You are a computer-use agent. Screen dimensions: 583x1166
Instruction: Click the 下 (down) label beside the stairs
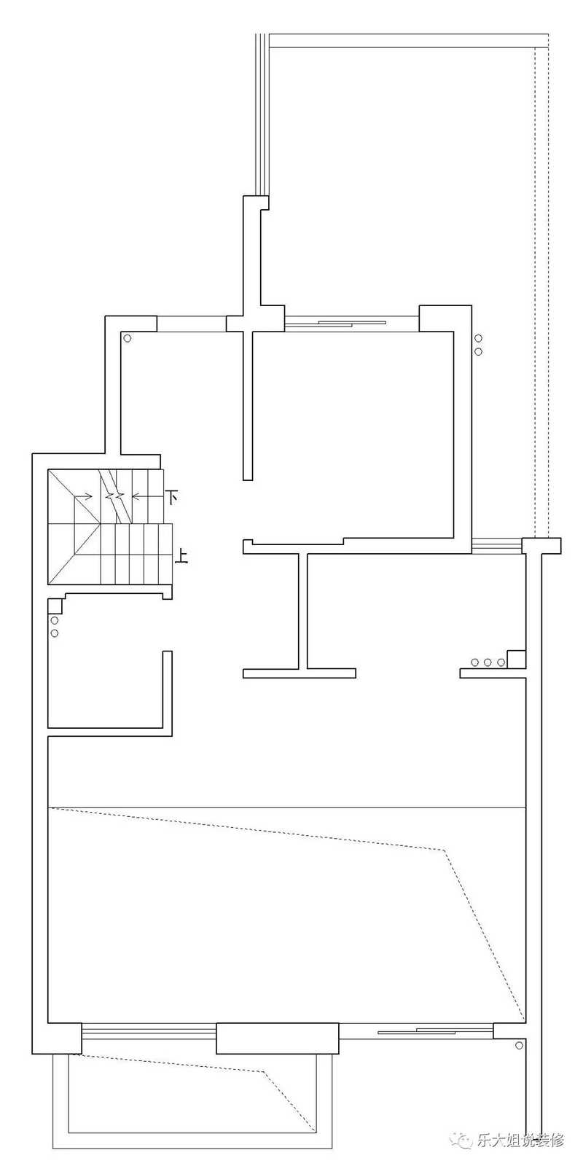(172, 496)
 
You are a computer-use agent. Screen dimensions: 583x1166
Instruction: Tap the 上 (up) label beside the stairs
(181, 557)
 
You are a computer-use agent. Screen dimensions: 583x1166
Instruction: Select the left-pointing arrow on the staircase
(141, 496)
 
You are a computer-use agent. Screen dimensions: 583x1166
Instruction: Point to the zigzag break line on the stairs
(114, 496)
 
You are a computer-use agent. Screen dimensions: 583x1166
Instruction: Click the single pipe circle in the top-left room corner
(127, 338)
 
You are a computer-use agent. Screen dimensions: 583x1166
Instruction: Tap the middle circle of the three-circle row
(488, 662)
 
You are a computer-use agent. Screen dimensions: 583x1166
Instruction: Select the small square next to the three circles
(516, 659)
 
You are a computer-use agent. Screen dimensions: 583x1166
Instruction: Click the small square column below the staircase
(55, 606)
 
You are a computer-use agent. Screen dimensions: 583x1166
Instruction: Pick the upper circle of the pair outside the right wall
(478, 339)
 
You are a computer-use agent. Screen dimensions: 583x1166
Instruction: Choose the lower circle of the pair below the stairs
(55, 633)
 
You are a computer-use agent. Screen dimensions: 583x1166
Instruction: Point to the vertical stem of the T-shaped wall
(303, 611)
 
